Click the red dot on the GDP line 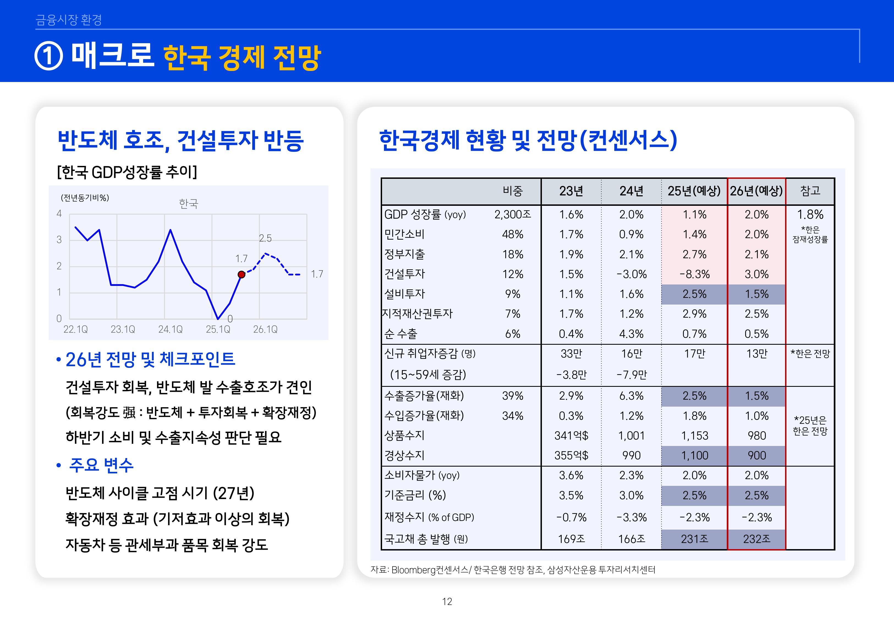tap(241, 275)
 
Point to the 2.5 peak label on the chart tap(265, 238)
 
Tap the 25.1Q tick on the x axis tap(218, 329)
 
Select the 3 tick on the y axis tap(59, 239)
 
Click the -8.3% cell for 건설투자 tap(694, 274)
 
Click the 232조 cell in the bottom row tap(756, 539)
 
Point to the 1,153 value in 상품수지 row tap(694, 436)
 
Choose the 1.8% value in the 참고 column tap(810, 215)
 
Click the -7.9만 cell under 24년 tap(632, 375)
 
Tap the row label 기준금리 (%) tap(415, 495)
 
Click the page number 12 tap(447, 602)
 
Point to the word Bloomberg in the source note tap(413, 570)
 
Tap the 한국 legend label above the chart tap(188, 204)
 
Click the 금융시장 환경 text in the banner tap(68, 20)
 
